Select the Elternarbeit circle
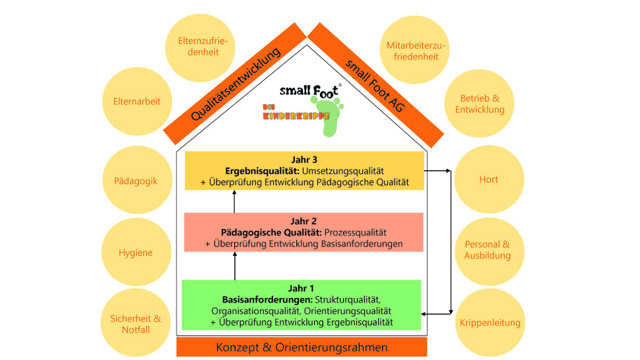tap(137, 102)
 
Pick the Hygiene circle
tap(136, 253)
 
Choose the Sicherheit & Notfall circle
tap(135, 323)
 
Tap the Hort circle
tap(488, 179)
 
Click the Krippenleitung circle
tap(489, 322)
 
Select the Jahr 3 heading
tap(304, 159)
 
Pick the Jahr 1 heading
tap(302, 288)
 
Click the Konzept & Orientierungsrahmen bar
tap(302, 347)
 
